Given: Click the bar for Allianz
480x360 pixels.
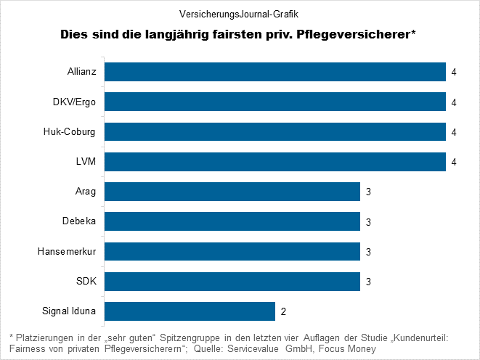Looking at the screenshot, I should pos(275,72).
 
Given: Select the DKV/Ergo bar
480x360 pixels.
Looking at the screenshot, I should pos(275,102).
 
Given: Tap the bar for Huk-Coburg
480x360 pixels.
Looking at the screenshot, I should pos(275,131).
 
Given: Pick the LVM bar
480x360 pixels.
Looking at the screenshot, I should pos(275,161).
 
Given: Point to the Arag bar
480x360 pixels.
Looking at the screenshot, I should pos(232,192).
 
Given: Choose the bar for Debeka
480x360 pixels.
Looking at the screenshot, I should pos(232,221).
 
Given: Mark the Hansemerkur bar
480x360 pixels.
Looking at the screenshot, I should pos(232,251).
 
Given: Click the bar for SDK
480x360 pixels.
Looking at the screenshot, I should pos(232,281).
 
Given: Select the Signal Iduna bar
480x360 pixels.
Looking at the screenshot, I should pos(190,311).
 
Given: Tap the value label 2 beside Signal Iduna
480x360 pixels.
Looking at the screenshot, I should pos(283,312).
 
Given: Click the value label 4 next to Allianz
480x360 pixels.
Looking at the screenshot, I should pos(453,73).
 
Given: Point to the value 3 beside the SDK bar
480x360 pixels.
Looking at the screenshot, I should pos(368,282).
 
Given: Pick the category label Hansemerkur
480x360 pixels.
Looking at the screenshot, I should pos(68,252).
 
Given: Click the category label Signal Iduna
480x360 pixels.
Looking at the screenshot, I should pos(70,312).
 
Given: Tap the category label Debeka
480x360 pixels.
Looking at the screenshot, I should pos(80,222).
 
